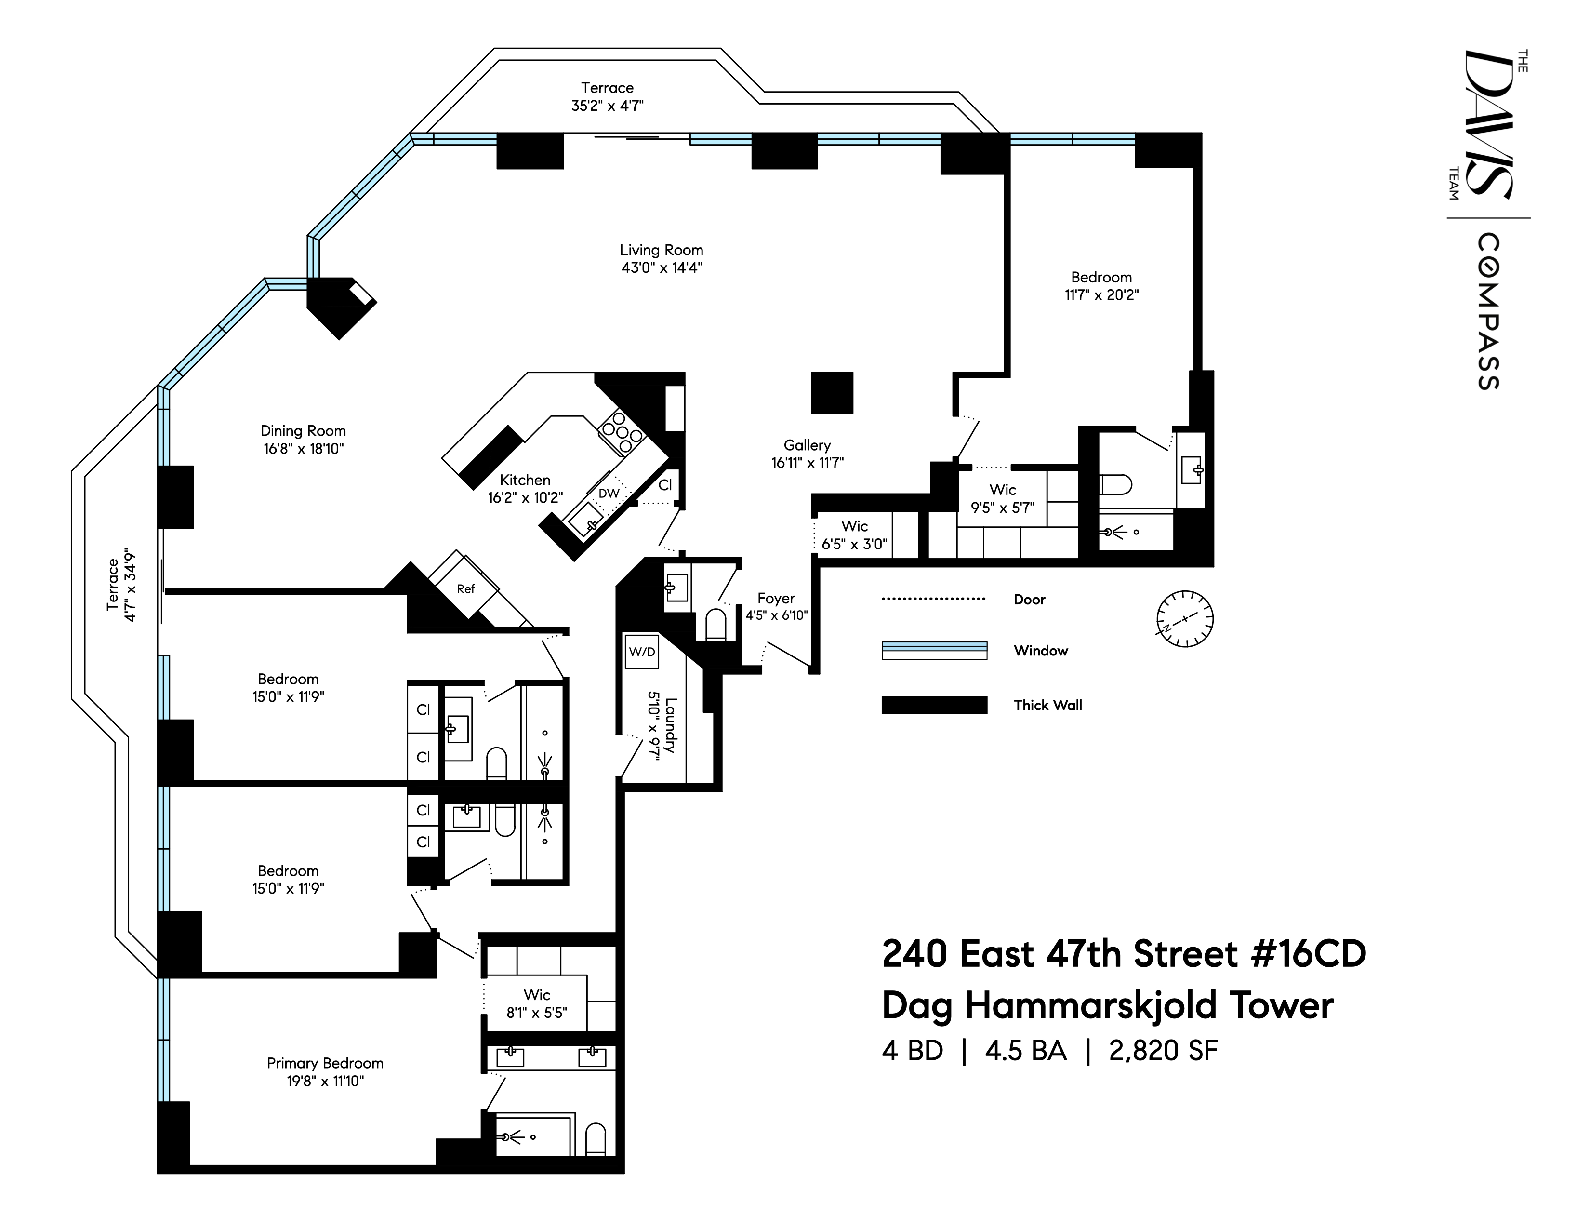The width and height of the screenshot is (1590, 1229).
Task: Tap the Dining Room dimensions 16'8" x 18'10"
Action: click(x=303, y=449)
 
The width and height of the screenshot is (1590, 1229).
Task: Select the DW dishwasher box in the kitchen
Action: click(x=609, y=494)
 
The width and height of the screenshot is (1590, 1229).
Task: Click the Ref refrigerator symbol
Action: click(x=465, y=588)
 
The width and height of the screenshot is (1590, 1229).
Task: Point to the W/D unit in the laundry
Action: click(x=641, y=652)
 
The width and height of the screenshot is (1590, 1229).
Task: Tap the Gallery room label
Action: click(x=807, y=445)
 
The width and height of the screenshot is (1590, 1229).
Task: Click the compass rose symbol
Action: click(x=1184, y=619)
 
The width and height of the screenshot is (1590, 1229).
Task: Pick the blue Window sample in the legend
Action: click(x=934, y=650)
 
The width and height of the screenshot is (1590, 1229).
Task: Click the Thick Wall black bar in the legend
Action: click(x=934, y=705)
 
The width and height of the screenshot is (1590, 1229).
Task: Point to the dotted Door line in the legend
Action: click(x=934, y=599)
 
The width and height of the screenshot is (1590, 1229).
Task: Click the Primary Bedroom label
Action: click(x=325, y=1063)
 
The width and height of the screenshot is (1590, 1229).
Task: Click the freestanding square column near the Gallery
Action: click(x=832, y=392)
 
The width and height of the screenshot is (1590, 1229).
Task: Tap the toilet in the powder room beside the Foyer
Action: click(x=715, y=625)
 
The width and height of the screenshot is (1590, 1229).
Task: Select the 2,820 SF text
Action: click(x=1163, y=1051)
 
